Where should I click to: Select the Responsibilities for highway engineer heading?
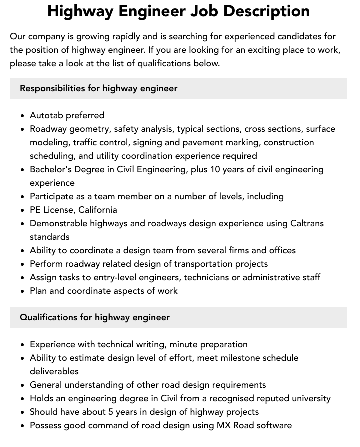pyautogui.click(x=99, y=88)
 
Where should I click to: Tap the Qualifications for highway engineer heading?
pyautogui.click(x=95, y=317)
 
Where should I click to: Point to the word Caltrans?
pyautogui.click(x=307, y=223)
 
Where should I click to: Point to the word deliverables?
pyautogui.click(x=54, y=371)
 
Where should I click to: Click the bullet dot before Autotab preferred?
pyautogui.click(x=23, y=116)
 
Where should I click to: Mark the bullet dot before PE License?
pyautogui.click(x=23, y=210)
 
